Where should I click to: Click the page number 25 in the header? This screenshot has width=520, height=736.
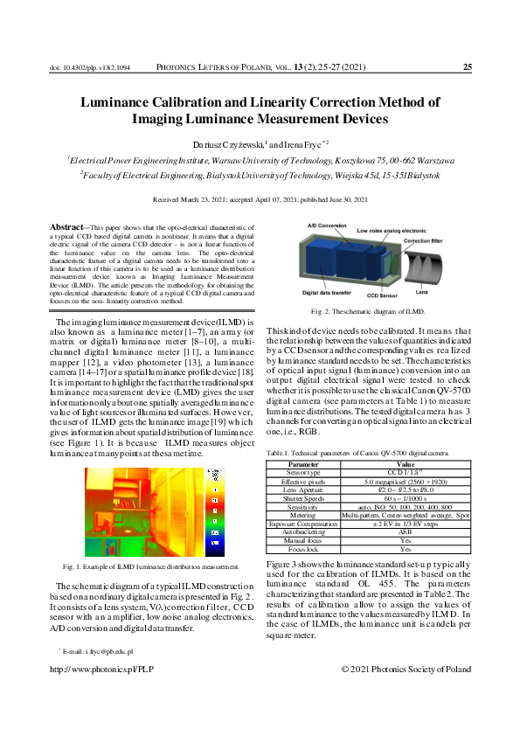[x=467, y=67]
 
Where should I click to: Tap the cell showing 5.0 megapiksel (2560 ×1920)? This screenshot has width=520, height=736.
[x=406, y=480]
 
